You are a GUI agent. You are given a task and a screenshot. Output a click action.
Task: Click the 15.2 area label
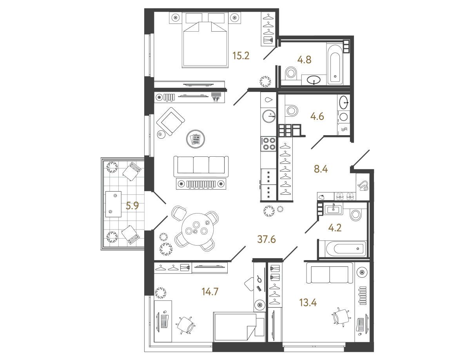click(x=241, y=56)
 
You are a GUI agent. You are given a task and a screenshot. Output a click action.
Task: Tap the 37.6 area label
click(x=267, y=239)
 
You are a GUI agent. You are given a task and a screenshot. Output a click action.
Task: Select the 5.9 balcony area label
click(x=132, y=206)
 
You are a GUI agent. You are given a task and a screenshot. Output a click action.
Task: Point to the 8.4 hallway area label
click(x=321, y=169)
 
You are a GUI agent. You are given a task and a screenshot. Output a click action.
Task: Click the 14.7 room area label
click(x=210, y=292)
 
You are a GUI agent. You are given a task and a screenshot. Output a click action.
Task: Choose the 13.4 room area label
click(x=308, y=302)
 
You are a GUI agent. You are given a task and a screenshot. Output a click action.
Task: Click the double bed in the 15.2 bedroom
click(x=205, y=40)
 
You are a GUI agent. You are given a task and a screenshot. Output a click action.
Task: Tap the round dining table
click(x=198, y=229)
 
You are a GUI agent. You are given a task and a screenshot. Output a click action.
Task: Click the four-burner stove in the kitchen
click(x=268, y=144)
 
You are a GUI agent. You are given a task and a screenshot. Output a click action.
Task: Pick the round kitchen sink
click(x=269, y=116)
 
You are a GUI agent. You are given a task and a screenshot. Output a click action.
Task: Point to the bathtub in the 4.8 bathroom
click(x=335, y=65)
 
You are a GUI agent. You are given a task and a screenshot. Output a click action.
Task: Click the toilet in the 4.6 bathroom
click(x=292, y=110)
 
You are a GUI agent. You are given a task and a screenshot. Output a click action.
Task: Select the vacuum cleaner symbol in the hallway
click(x=363, y=186)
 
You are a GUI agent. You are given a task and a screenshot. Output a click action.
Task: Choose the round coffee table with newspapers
click(x=196, y=139)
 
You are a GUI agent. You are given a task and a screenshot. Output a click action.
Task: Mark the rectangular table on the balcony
click(x=113, y=204)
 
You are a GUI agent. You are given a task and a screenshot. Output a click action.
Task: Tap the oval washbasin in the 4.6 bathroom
click(x=344, y=102)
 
